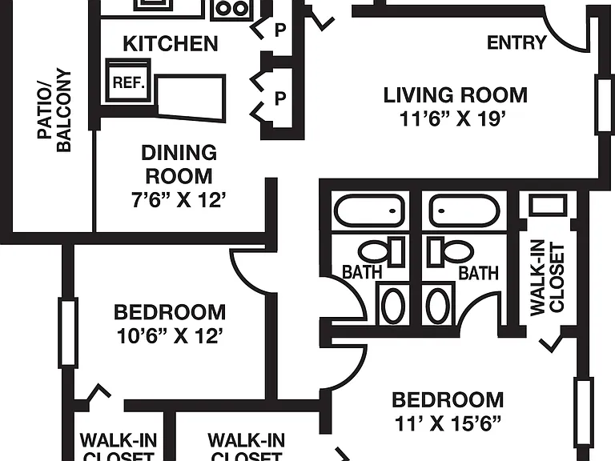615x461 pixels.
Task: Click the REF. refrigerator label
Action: coord(129,82)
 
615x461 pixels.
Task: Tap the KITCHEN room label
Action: coord(171,43)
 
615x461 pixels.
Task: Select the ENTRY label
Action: coord(517,42)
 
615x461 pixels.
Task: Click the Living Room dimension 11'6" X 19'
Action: coord(452,118)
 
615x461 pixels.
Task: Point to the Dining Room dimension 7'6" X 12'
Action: coord(179,200)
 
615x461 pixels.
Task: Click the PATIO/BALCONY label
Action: coord(54,111)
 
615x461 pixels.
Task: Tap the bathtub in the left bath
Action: coord(369,210)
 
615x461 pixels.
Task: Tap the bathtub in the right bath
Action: coord(464,211)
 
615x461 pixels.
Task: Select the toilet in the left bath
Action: coord(381,251)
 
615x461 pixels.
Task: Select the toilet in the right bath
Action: coord(451,251)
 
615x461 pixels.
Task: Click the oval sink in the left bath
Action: coord(392,306)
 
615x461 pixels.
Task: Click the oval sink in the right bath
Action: coord(439,306)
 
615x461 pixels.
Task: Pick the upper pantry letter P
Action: coord(280,30)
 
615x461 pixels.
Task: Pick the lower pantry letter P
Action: coord(280,98)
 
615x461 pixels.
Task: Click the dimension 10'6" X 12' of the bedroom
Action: coord(171,336)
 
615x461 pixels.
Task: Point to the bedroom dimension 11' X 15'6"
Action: coord(448,423)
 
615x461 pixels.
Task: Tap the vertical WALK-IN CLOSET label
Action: coord(547,277)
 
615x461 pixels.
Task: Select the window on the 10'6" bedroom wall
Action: coord(68,333)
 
